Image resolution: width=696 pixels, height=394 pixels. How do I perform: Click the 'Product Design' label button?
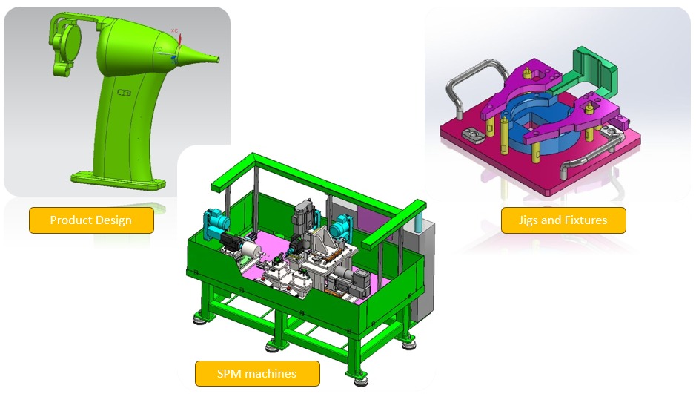point(91,220)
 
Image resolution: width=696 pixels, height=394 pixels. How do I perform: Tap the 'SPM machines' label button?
point(257,373)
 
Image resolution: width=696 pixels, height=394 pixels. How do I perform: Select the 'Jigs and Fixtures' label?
point(563,220)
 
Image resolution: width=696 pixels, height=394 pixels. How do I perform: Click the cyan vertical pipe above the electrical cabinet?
point(420,220)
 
